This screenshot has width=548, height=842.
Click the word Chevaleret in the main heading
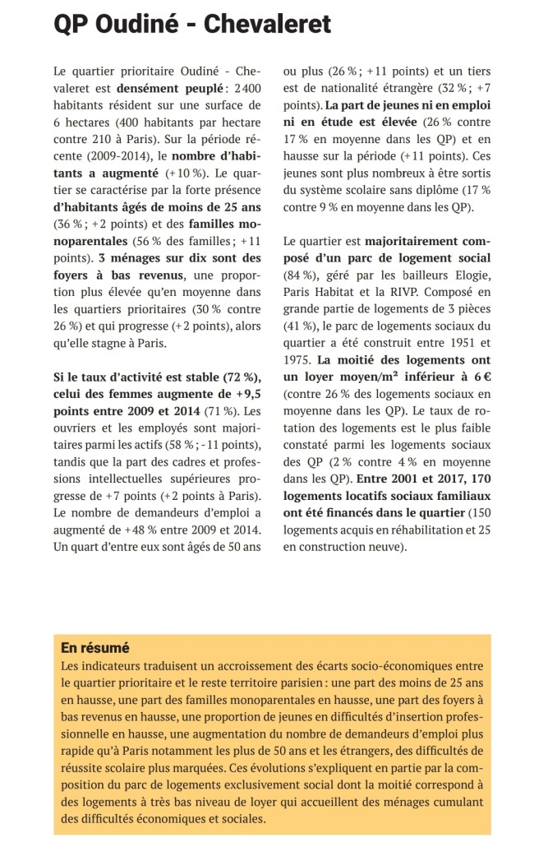coord(268,25)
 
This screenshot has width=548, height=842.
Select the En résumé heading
coord(95,648)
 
